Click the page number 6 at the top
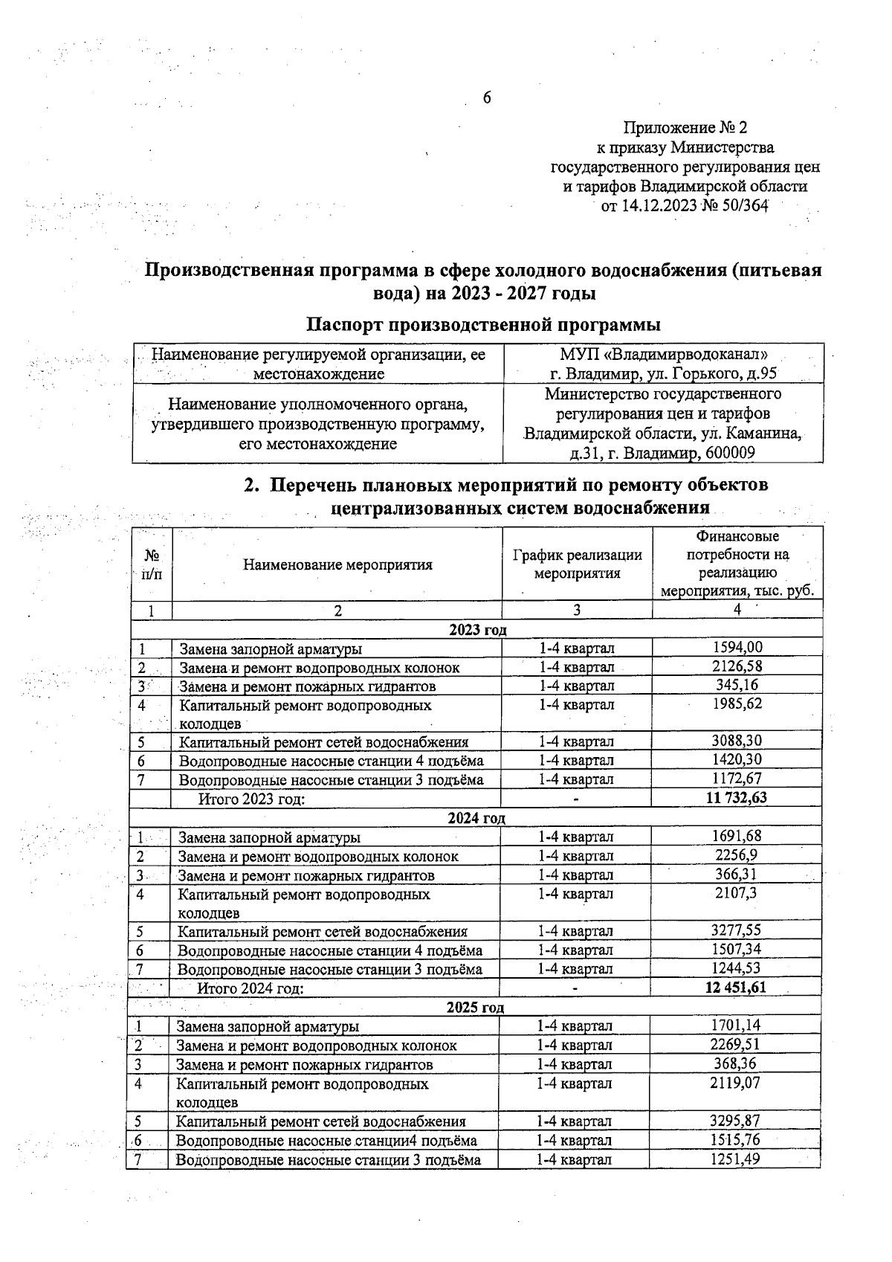(488, 98)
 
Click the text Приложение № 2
(685, 127)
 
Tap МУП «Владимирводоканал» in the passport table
(664, 354)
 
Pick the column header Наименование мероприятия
(337, 564)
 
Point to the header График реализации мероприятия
(577, 564)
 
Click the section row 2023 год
(477, 630)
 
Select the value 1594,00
(737, 648)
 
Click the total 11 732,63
(736, 798)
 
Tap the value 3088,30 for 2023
(737, 741)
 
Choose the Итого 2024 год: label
(251, 988)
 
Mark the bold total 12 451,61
(735, 988)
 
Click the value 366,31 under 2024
(736, 875)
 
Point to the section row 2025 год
(475, 1008)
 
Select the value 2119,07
(734, 1083)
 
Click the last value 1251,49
(734, 1159)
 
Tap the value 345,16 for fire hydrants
(737, 685)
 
